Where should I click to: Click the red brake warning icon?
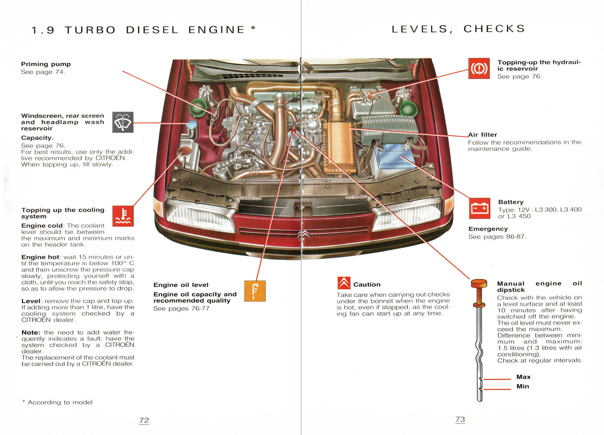479,69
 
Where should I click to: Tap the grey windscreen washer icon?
123,122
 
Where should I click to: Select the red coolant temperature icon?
123,216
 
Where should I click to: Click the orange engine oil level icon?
255,291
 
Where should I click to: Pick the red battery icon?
479,208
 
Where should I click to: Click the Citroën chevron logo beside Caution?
344,283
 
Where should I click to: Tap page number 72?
144,421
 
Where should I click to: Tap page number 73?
460,419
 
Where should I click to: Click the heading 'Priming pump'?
46,64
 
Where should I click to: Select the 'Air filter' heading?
482,135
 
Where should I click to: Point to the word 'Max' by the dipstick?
523,377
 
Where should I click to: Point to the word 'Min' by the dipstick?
523,386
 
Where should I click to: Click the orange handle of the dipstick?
479,283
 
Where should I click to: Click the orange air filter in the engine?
338,148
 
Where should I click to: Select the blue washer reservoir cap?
192,124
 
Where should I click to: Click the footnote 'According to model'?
60,402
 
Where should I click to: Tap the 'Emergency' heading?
488,229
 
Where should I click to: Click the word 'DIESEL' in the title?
152,30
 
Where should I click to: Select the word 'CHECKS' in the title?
494,29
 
